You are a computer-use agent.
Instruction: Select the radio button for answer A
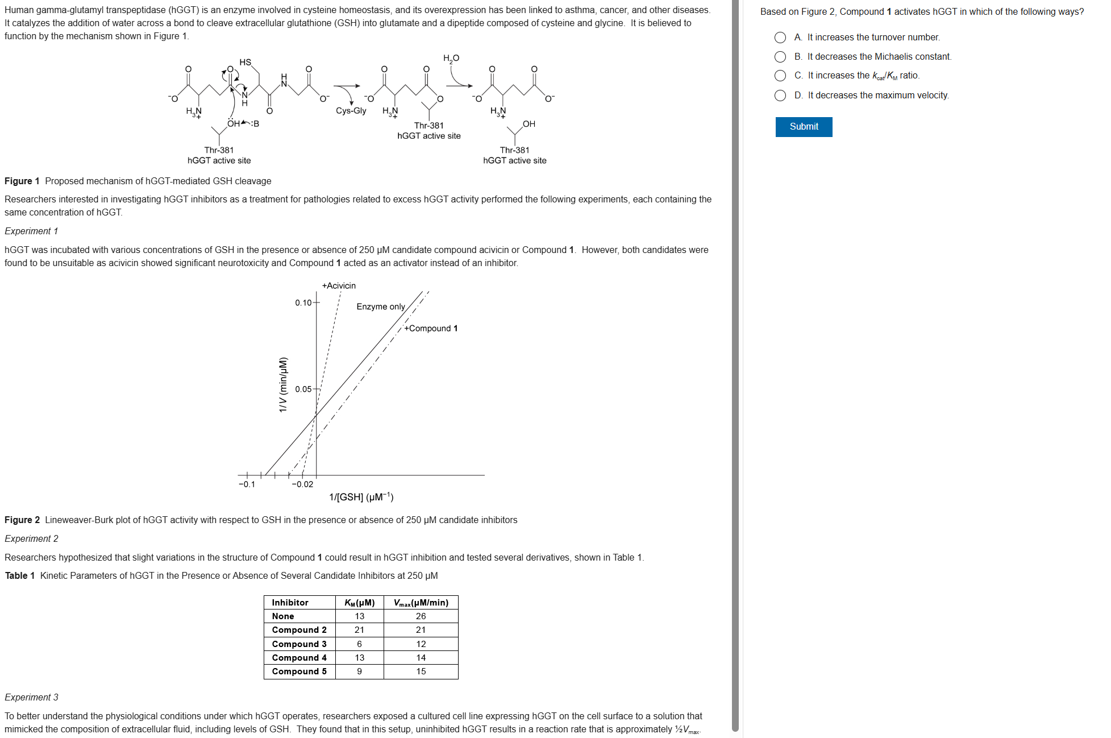(x=780, y=38)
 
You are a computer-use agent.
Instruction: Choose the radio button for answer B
(x=780, y=57)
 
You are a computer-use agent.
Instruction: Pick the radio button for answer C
(x=780, y=76)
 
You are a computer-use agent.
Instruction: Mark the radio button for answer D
(x=780, y=96)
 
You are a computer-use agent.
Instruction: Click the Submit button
(x=804, y=127)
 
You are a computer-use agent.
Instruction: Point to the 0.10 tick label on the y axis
(x=303, y=303)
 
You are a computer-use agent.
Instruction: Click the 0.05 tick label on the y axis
(x=303, y=389)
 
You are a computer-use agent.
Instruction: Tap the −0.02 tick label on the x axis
(x=302, y=484)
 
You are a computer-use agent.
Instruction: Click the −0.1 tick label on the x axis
(x=247, y=484)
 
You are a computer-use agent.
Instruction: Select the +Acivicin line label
(x=339, y=285)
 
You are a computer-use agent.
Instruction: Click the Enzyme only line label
(x=381, y=306)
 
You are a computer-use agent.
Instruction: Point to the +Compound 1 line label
(x=431, y=329)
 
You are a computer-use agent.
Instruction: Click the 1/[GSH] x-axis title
(x=361, y=497)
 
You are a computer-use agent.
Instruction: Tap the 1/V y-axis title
(x=283, y=384)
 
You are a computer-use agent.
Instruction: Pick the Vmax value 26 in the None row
(x=421, y=616)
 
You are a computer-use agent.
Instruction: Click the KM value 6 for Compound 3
(x=359, y=644)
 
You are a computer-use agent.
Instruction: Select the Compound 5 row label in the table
(x=299, y=671)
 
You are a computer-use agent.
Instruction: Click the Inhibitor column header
(x=290, y=603)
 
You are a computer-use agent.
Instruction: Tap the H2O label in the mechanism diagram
(x=451, y=59)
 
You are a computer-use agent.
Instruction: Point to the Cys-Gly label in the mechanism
(x=351, y=111)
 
